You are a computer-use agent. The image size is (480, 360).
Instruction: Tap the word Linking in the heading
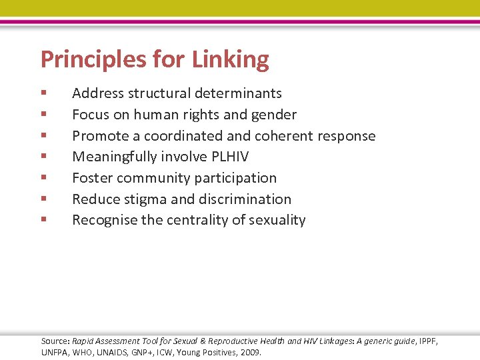(231, 60)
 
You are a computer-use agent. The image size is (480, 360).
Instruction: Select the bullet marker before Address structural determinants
(43, 93)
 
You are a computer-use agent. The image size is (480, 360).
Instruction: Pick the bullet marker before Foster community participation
(43, 178)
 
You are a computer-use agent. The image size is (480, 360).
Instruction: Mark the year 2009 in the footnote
(250, 352)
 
